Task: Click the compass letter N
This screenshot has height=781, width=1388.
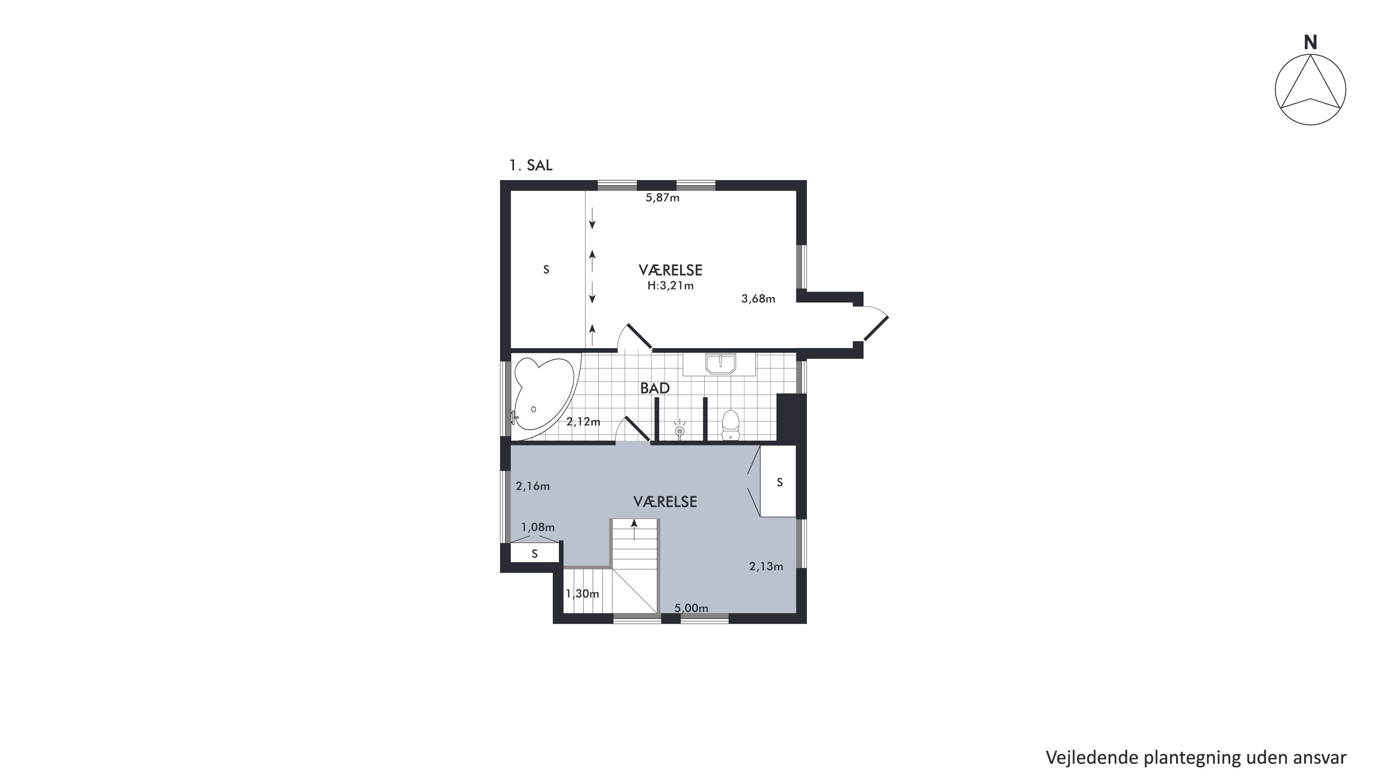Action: (x=1310, y=42)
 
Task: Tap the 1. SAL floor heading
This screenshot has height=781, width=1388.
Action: (x=531, y=165)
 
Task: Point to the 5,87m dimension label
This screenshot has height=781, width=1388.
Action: (x=662, y=198)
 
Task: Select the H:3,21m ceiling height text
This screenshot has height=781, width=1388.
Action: (x=670, y=286)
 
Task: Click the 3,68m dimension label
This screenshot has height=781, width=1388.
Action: (x=758, y=299)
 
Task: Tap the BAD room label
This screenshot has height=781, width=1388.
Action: (x=655, y=388)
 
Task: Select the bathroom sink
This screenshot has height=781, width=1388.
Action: (x=720, y=364)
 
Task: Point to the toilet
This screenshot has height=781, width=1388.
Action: (x=730, y=425)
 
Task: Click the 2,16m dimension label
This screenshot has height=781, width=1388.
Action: (x=533, y=486)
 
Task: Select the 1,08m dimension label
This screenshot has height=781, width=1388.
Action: (x=537, y=527)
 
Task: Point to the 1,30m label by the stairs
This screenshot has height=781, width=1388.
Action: (x=582, y=594)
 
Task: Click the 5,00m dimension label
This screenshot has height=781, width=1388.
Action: (x=691, y=608)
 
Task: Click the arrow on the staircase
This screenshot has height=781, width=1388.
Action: (x=634, y=529)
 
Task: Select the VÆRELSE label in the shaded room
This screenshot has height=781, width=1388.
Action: (x=665, y=502)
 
